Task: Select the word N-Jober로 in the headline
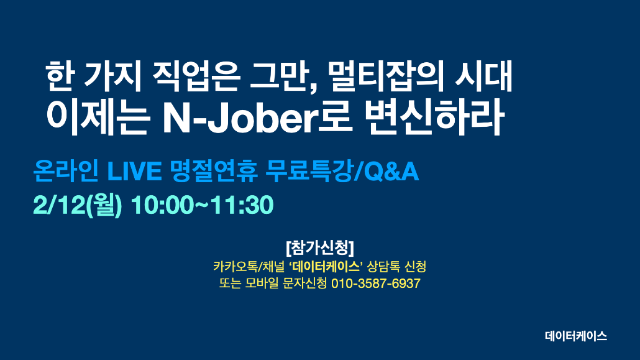point(257,117)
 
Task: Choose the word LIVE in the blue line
point(134,171)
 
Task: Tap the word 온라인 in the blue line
point(66,171)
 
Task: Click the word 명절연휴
point(214,171)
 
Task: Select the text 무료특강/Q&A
point(342,171)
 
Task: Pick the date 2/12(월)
point(78,205)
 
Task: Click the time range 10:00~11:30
point(202,205)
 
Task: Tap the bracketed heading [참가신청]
point(320,247)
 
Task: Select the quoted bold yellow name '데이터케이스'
point(326,267)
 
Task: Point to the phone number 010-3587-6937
point(375,283)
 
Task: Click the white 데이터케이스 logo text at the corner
point(576,336)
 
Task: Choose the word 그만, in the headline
point(284,78)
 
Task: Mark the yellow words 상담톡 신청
point(396,267)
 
